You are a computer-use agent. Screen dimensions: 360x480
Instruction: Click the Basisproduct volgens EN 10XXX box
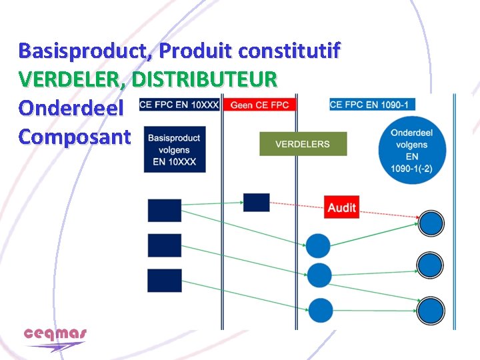coord(173,150)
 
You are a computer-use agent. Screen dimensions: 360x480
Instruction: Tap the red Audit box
coord(342,207)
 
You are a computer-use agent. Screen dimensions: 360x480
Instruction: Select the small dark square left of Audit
coord(256,203)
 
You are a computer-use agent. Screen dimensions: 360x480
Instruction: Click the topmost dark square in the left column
coord(164,210)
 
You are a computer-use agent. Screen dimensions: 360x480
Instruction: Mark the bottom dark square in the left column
coord(164,280)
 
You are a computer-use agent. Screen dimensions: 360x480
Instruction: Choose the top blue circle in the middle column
coord(318,245)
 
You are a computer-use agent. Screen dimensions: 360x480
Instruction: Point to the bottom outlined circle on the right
coord(431,310)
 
